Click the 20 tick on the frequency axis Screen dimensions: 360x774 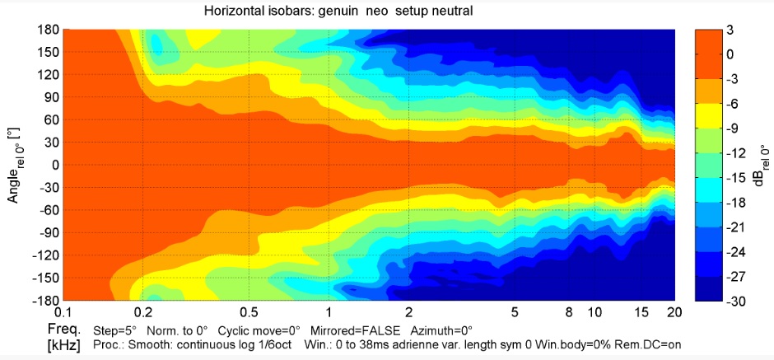point(673,314)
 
